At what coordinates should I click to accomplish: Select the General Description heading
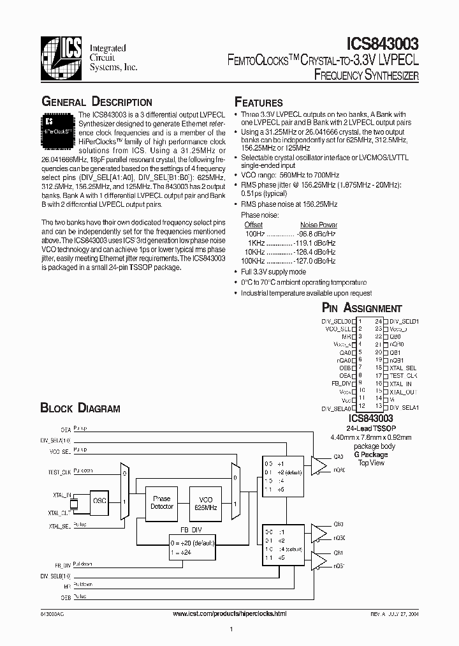(x=96, y=102)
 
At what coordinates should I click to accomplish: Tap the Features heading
(x=259, y=103)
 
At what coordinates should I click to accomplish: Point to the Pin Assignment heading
(x=362, y=308)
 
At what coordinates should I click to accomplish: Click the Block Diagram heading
(x=80, y=408)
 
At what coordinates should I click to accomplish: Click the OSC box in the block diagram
(x=99, y=501)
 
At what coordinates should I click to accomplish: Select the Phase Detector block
(x=162, y=502)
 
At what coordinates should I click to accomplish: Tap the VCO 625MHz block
(x=207, y=502)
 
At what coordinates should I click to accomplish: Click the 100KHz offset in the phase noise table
(x=253, y=261)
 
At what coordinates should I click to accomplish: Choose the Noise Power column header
(x=319, y=225)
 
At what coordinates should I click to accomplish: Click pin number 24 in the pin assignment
(x=378, y=321)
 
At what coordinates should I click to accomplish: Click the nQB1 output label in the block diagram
(x=339, y=566)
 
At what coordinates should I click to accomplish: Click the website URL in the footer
(x=230, y=613)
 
